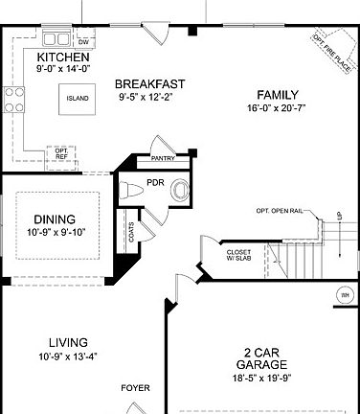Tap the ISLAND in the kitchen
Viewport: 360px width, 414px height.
[x=77, y=98]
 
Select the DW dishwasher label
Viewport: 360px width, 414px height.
[x=83, y=42]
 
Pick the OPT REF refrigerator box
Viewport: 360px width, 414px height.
[x=61, y=153]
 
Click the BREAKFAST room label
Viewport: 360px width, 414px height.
[x=151, y=83]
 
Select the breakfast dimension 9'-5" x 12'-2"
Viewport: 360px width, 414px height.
[x=151, y=97]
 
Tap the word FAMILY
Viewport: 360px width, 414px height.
[x=278, y=94]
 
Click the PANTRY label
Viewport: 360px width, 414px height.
[x=163, y=159]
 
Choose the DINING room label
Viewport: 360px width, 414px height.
[x=54, y=218]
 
